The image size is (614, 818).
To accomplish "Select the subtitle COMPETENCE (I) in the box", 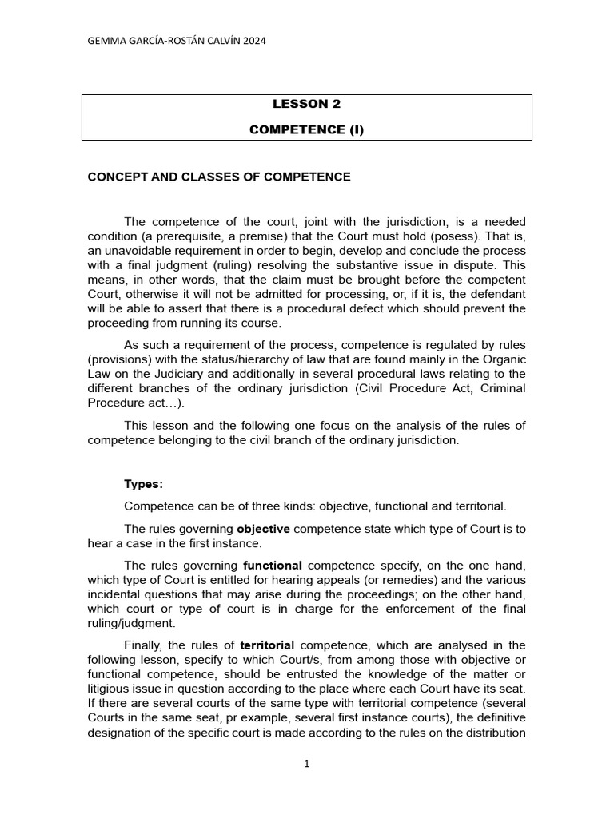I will [306, 129].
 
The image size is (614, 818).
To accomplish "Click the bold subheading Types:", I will [144, 484].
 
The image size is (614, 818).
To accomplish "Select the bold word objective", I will [264, 529].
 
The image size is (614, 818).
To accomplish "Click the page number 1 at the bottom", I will [307, 764].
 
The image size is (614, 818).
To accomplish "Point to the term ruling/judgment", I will [132, 623].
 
